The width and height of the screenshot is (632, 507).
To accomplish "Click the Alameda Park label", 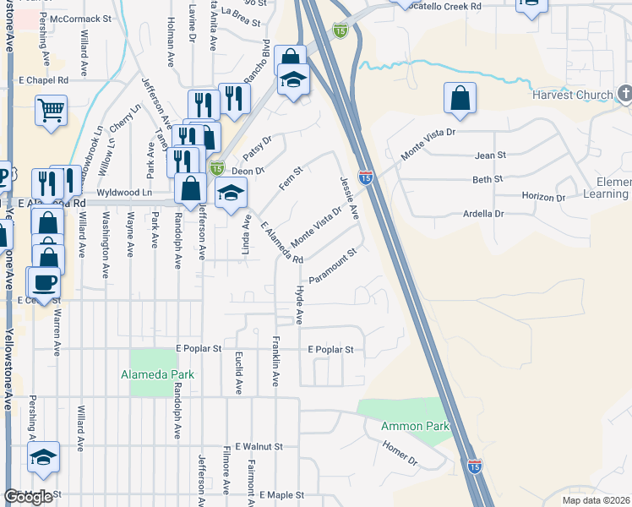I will point(157,374).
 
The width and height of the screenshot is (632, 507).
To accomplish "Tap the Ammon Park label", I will point(415,426).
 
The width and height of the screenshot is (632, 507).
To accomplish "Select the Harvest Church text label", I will point(572,95).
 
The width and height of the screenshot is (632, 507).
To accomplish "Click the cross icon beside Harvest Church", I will point(624,92).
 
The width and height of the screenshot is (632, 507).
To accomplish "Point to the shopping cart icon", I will point(51,110).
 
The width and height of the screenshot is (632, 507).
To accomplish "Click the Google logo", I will point(28,497).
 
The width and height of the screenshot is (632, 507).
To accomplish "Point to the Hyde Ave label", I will point(299,304).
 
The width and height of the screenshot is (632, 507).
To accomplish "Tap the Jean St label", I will point(490,155).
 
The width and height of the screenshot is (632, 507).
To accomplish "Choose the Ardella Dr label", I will point(483,214).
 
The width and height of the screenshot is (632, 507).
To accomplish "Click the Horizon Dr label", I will point(543,196).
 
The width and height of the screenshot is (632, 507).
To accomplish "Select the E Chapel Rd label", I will point(42,80).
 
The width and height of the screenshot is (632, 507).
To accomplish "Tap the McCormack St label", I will point(80,18).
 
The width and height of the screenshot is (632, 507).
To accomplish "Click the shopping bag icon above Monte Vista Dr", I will point(460,99).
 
